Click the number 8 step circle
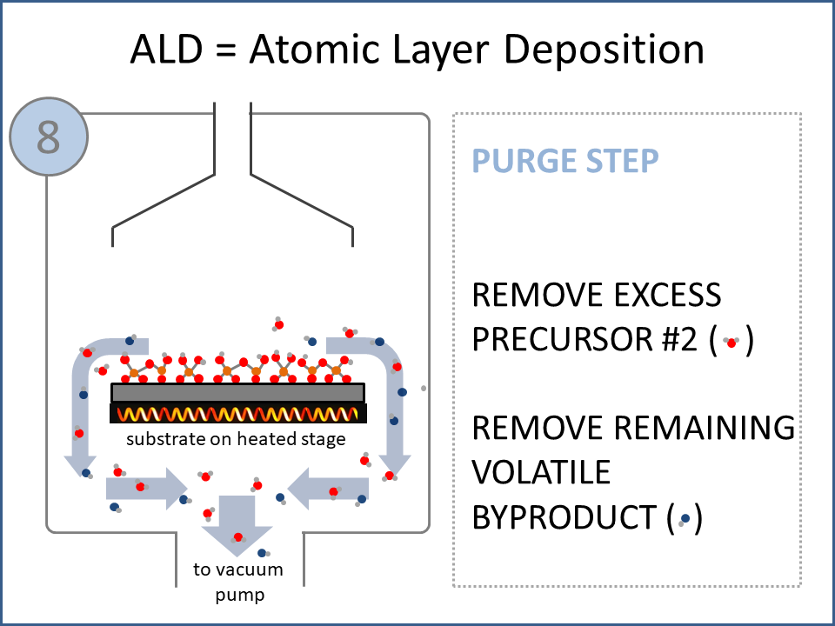point(49,137)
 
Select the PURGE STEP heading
point(565,161)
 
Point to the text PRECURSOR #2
point(584,340)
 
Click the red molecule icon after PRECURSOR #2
point(731,343)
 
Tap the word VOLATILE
point(541,472)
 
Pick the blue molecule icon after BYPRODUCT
point(685,519)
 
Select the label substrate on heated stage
point(236,438)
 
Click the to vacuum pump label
point(237,583)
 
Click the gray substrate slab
point(237,392)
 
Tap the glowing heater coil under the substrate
point(237,413)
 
